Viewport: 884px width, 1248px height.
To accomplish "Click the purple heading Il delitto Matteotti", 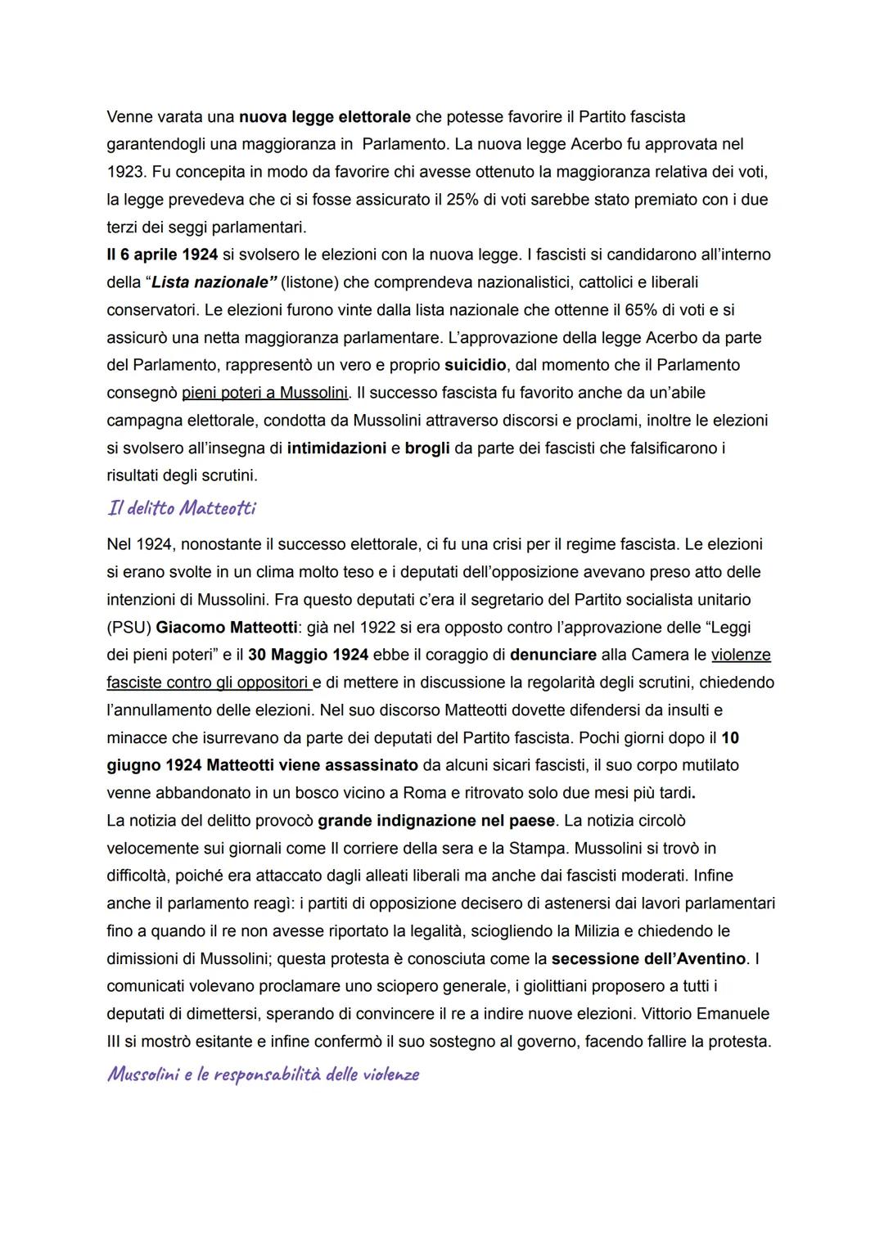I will click(x=181, y=508).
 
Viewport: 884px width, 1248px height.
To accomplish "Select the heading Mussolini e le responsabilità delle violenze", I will click(x=263, y=1074).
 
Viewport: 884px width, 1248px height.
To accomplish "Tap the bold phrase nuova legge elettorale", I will click(x=323, y=116).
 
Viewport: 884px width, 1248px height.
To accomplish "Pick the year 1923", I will click(x=125, y=172).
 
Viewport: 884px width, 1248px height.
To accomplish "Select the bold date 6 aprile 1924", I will click(x=162, y=255).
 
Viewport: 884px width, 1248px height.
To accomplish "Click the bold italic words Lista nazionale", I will click(x=210, y=282).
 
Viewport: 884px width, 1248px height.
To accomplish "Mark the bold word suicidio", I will click(x=479, y=365).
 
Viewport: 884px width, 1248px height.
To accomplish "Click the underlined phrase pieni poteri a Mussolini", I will click(x=265, y=393).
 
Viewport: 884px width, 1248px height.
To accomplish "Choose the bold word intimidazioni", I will click(x=336, y=448).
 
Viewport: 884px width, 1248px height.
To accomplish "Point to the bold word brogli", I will click(x=427, y=448).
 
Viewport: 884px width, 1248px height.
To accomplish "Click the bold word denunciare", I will click(x=553, y=655).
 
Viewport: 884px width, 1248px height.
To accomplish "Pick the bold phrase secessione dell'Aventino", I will click(x=648, y=958).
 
